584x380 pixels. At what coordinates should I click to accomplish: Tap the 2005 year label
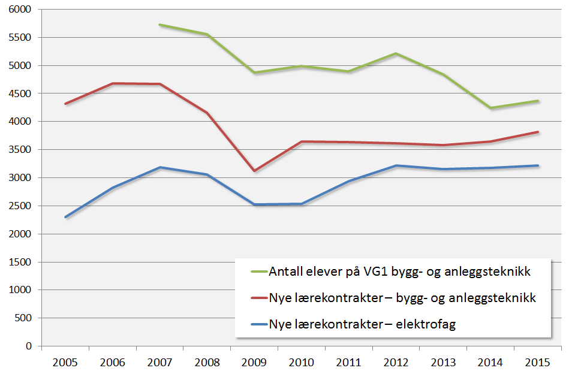65,363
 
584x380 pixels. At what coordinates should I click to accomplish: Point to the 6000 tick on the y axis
21,10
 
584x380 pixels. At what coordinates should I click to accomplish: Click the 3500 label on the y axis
21,150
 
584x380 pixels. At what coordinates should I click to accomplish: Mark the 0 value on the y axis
29,346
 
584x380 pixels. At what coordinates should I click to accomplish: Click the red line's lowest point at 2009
254,171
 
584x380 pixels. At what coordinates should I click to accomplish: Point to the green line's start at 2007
160,25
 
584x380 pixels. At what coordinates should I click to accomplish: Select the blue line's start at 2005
65,217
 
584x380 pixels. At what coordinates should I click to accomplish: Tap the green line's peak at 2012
396,53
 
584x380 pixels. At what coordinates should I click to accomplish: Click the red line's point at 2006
113,83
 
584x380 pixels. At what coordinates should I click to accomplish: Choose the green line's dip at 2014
490,108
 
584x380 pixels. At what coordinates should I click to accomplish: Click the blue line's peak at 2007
160,167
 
